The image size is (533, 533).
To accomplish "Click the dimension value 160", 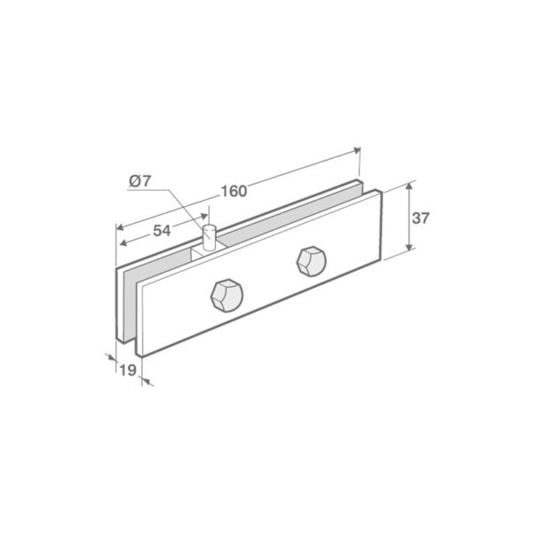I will tap(234, 191).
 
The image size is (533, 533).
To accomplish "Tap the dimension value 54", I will tap(161, 231).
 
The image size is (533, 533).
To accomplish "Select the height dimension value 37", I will tap(421, 218).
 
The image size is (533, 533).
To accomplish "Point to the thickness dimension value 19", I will tap(127, 370).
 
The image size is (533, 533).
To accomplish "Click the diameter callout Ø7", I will tap(140, 181).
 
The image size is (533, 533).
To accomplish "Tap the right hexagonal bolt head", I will tap(311, 259).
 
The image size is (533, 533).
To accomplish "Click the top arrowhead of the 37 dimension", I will tap(409, 187).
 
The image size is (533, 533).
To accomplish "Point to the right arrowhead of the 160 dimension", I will tap(357, 152).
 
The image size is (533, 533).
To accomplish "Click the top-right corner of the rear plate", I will tap(362, 184).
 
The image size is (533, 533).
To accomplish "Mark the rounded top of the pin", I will tap(210, 228).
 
